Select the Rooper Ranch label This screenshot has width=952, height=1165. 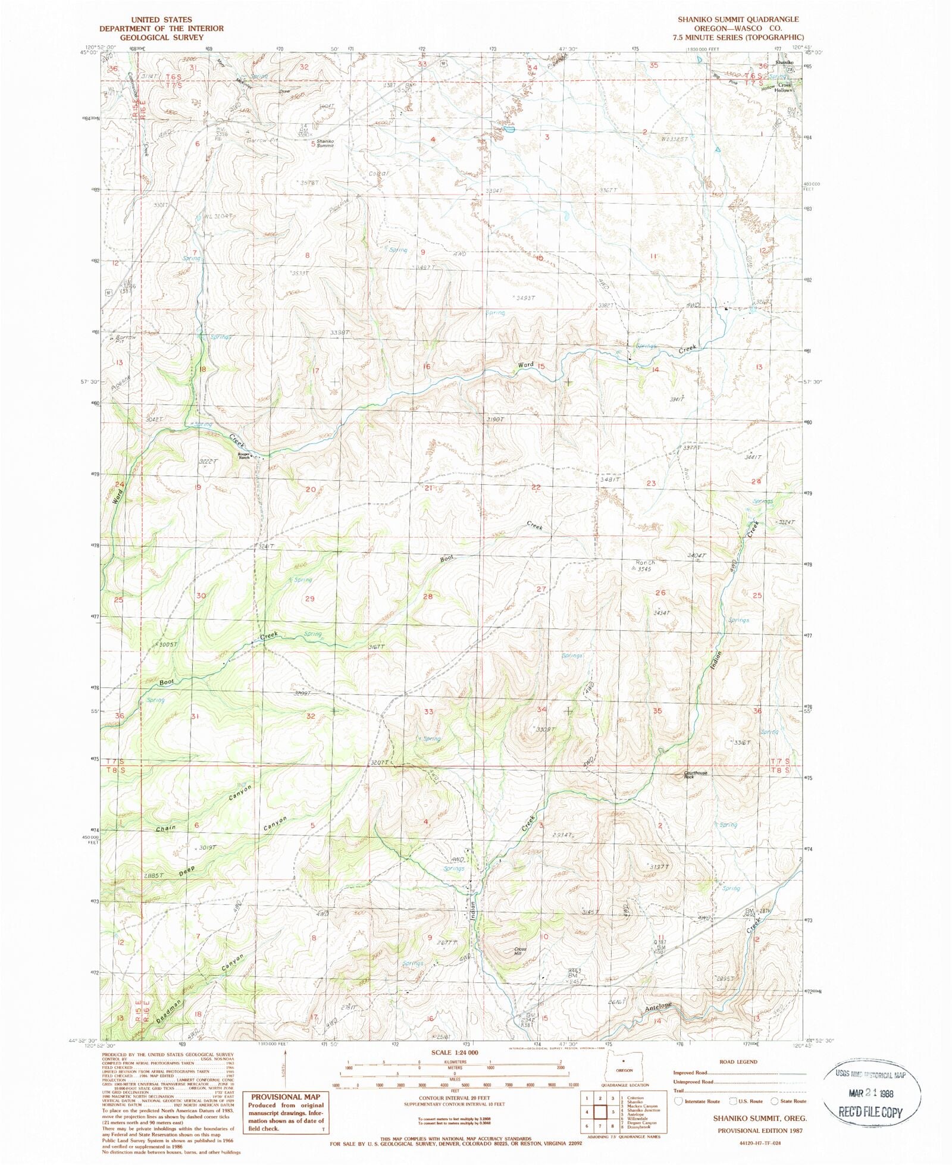245,456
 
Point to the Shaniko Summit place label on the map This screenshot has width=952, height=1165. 325,143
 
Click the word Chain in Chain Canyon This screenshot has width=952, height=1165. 166,829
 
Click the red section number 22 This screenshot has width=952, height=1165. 536,487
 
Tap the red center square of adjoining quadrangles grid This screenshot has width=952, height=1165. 599,1112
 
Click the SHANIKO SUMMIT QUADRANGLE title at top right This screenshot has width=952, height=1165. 738,20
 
